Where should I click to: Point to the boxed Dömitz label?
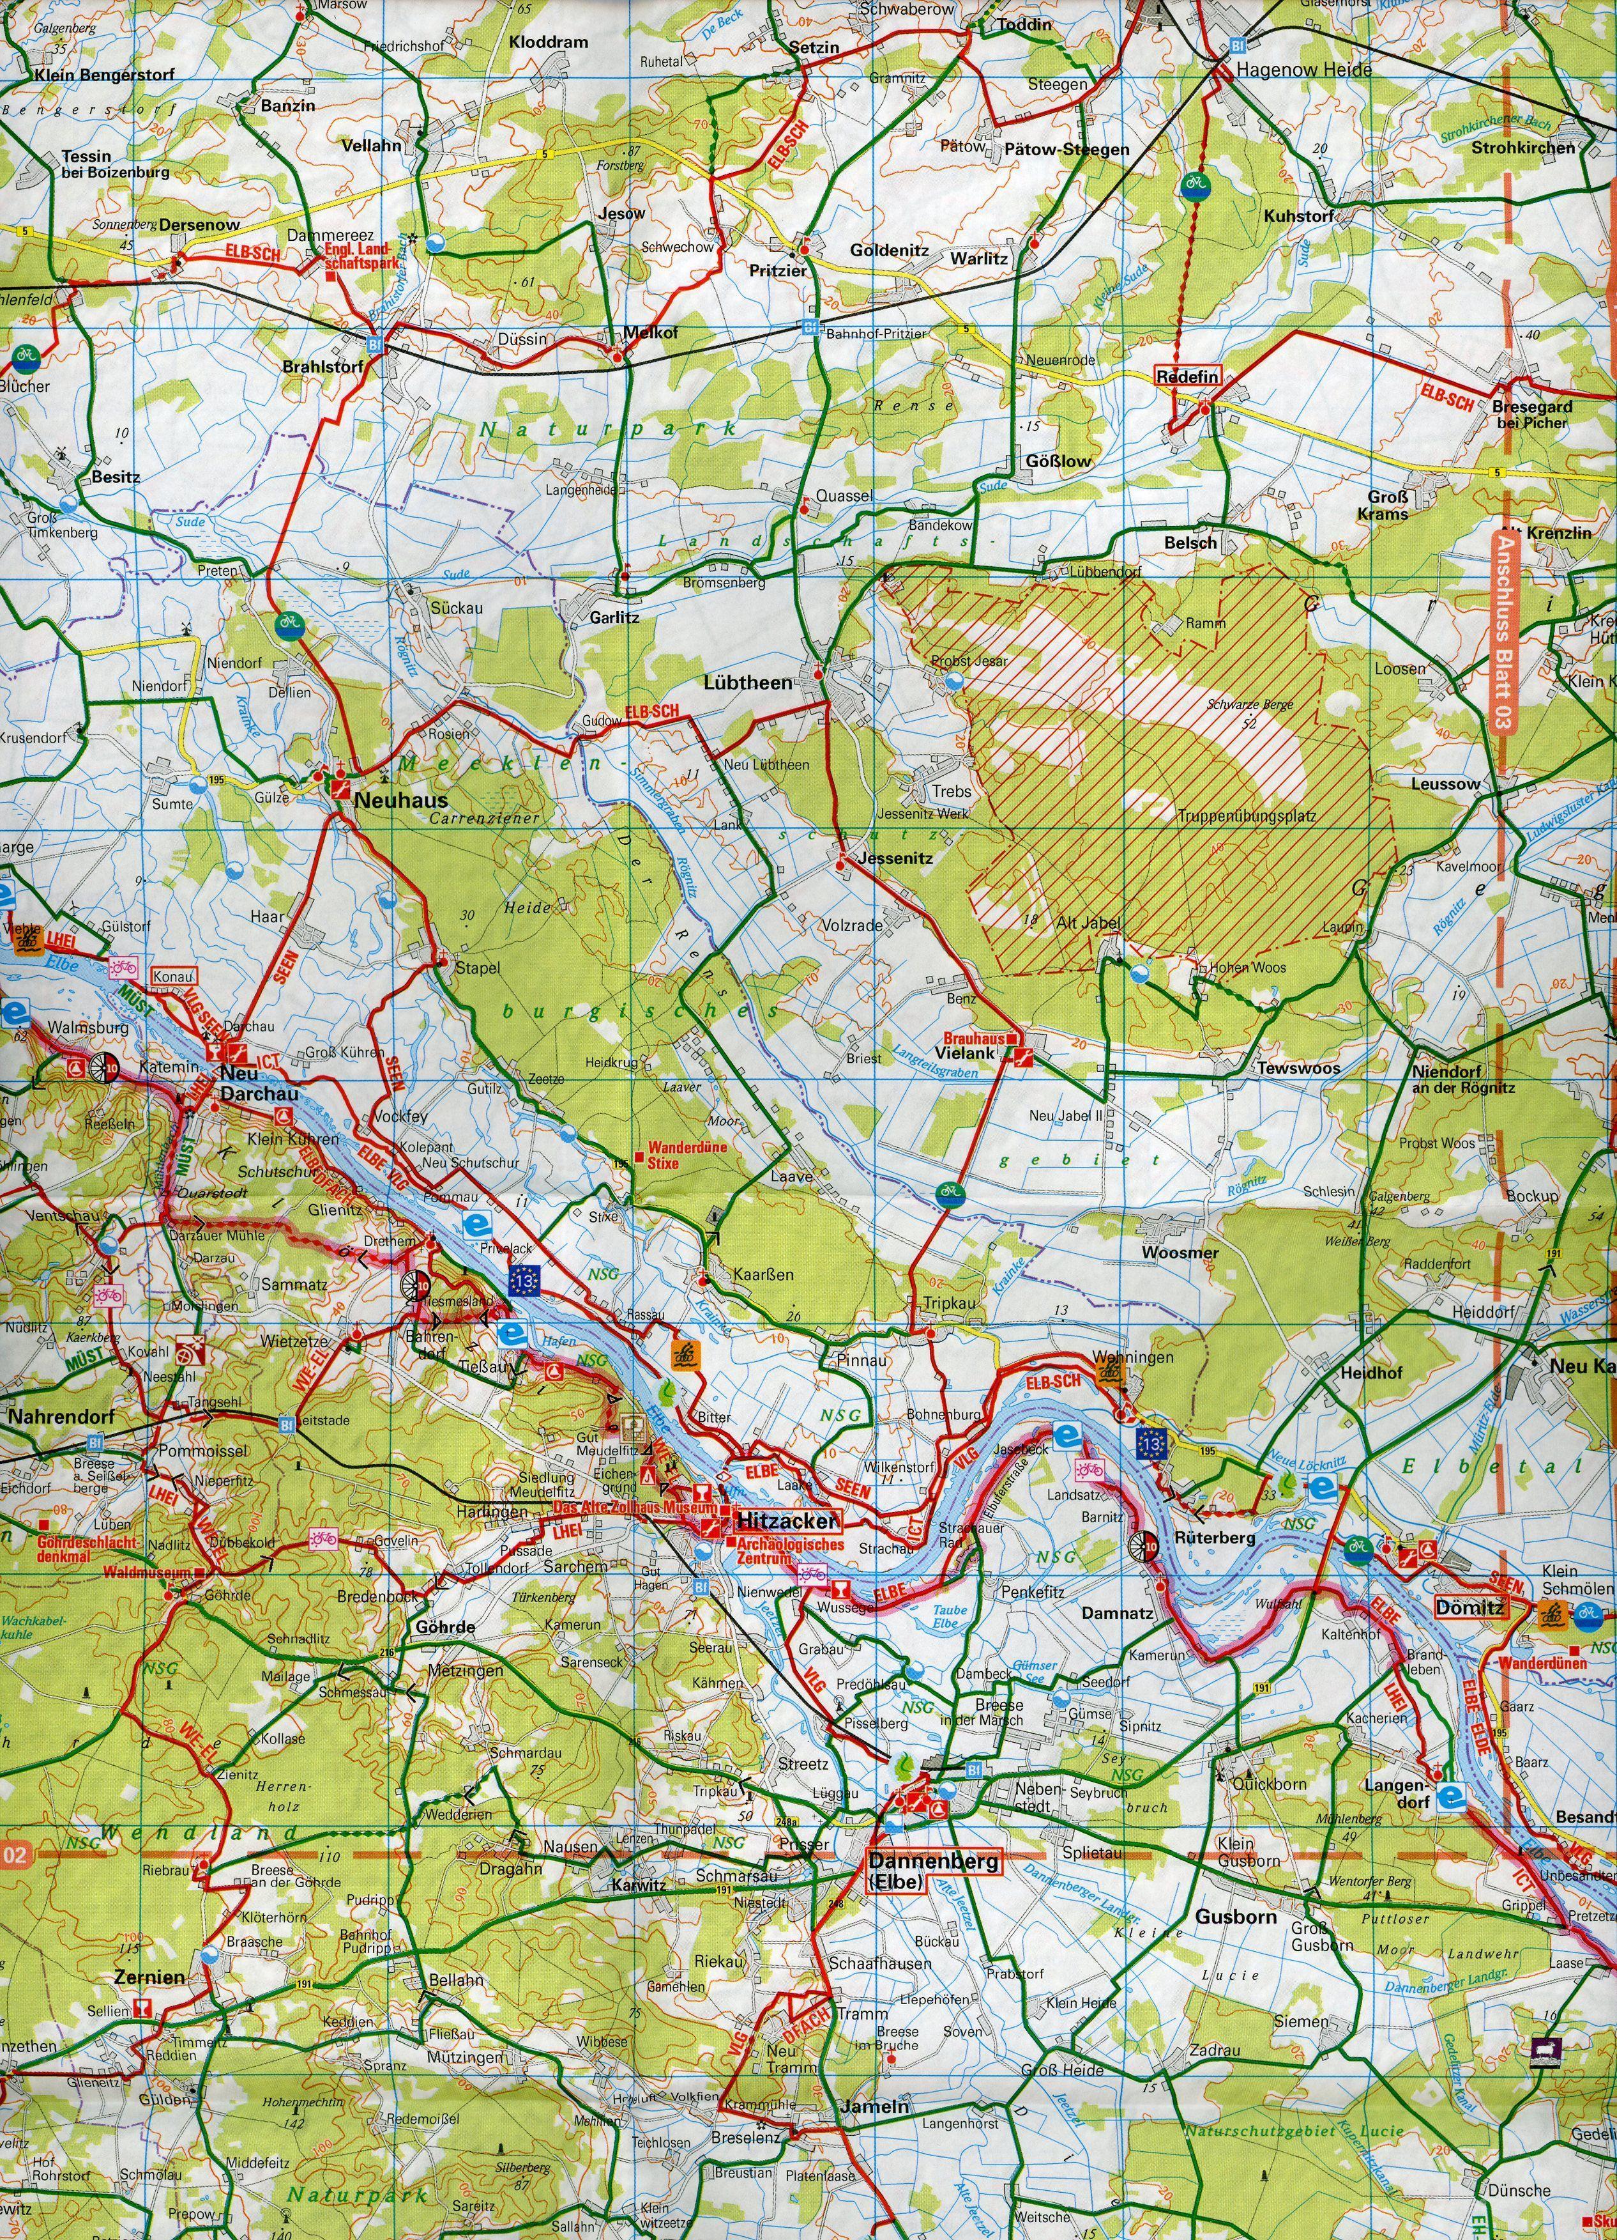[1469, 1608]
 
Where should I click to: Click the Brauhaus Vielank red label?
[973, 1046]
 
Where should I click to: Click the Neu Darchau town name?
[240, 1083]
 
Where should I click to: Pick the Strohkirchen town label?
[1523, 148]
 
